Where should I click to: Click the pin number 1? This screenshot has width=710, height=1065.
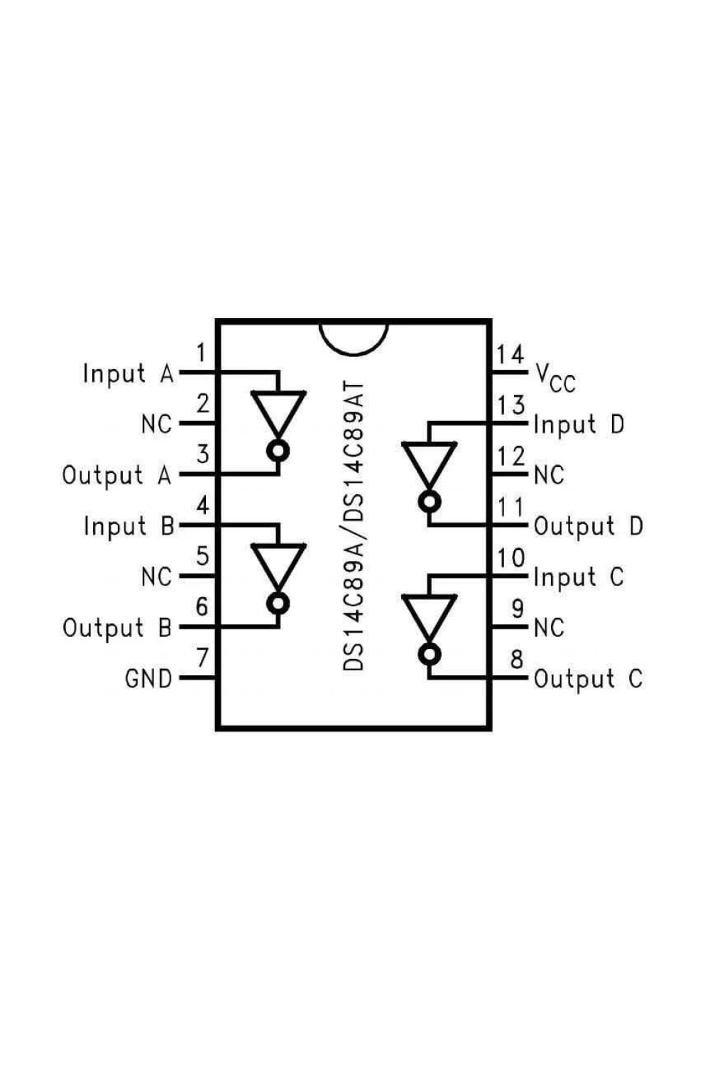[202, 353]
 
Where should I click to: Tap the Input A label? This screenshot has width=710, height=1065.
[129, 373]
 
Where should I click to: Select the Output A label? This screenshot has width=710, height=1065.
[117, 475]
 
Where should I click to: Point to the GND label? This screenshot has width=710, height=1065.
[148, 678]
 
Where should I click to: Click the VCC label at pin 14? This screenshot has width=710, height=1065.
[555, 378]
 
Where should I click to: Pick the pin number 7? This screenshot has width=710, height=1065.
[202, 657]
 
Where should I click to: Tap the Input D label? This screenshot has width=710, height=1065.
[579, 424]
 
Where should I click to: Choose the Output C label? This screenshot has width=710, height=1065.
[589, 679]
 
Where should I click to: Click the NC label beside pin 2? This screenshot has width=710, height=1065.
[156, 424]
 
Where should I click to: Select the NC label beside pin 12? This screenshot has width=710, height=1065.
[550, 474]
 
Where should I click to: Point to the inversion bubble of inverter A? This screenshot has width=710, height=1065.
[278, 451]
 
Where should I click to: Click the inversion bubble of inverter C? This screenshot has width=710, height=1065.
[429, 655]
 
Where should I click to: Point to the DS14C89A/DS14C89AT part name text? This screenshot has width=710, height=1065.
[354, 525]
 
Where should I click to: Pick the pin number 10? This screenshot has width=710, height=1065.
[510, 557]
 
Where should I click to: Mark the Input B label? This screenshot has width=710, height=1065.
[129, 526]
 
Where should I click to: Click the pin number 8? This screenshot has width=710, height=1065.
[517, 659]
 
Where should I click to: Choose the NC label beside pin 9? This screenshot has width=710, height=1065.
[550, 628]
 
